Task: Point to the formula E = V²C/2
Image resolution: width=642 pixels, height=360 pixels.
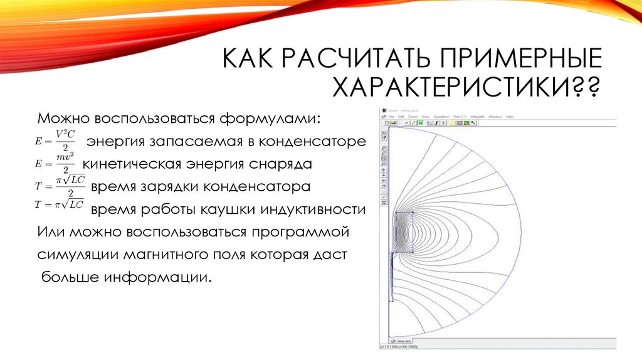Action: (60, 140)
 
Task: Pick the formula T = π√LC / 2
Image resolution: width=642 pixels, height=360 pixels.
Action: (60, 186)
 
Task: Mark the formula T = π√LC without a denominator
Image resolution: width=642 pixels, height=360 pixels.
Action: (60, 204)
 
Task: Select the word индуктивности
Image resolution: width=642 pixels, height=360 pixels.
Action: (316, 209)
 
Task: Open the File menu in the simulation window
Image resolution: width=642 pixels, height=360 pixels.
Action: (391, 117)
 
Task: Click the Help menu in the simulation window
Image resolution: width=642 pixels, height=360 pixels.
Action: (510, 117)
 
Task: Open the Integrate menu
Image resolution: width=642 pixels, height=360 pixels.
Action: (477, 117)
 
